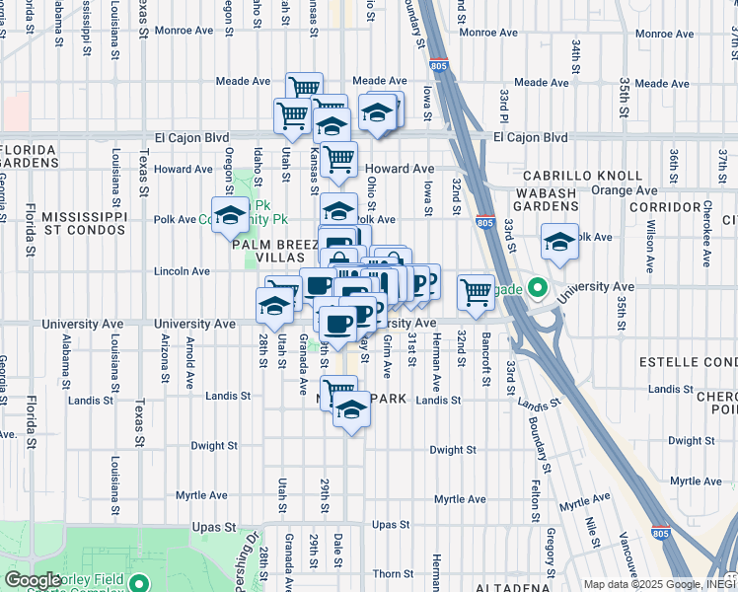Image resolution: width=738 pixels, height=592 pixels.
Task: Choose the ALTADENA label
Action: (506, 586)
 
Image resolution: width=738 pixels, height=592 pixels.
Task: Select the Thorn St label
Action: (393, 573)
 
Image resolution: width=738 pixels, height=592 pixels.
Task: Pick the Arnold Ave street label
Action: (189, 360)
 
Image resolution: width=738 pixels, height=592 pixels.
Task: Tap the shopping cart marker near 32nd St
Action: (477, 291)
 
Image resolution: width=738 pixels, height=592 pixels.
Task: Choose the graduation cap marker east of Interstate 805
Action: (559, 241)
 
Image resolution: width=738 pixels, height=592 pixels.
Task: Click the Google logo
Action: (33, 579)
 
